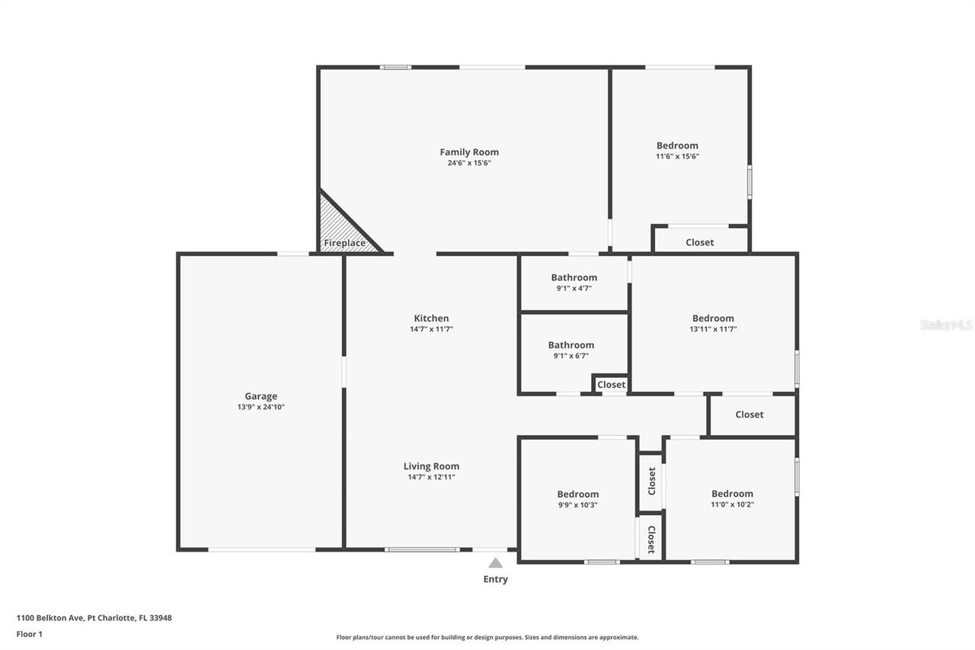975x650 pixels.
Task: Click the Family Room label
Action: pos(469,152)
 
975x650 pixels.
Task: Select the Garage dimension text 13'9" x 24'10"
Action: pos(261,407)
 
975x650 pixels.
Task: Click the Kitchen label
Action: pos(431,319)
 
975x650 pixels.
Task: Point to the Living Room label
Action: pos(431,466)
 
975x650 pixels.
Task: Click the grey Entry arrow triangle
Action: pos(496,563)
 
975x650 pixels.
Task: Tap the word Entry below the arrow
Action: pos(495,579)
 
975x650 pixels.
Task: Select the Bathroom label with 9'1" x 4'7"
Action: pos(574,277)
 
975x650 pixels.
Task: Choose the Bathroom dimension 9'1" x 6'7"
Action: pos(571,356)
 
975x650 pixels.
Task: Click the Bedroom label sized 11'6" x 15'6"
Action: pos(677,146)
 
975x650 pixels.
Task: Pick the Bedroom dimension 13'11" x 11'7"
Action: pos(713,329)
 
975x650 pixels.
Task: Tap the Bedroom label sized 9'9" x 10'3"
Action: pos(577,494)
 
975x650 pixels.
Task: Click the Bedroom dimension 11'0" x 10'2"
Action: pos(732,504)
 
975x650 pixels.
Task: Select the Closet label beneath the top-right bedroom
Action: pos(699,242)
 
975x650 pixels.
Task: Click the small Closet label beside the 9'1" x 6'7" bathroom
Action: pos(611,385)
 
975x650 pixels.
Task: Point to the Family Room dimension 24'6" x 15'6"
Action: pos(469,163)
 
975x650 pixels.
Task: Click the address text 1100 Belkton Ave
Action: pos(53,618)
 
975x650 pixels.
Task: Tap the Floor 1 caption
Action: pos(30,634)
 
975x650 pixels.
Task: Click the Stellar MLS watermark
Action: pos(946,325)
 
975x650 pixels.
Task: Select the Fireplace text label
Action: pos(344,244)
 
